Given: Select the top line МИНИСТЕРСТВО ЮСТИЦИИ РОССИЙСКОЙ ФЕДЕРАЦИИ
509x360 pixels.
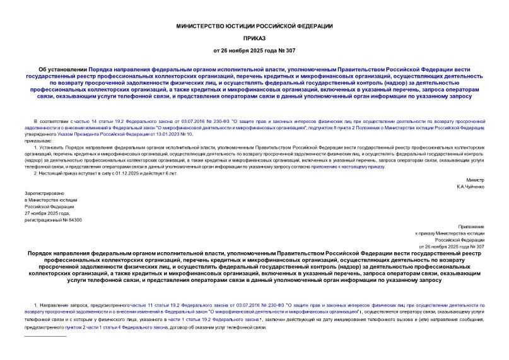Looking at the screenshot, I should (254, 26).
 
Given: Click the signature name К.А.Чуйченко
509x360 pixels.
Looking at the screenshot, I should (470, 187).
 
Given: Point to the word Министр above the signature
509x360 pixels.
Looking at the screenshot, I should (475, 180).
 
